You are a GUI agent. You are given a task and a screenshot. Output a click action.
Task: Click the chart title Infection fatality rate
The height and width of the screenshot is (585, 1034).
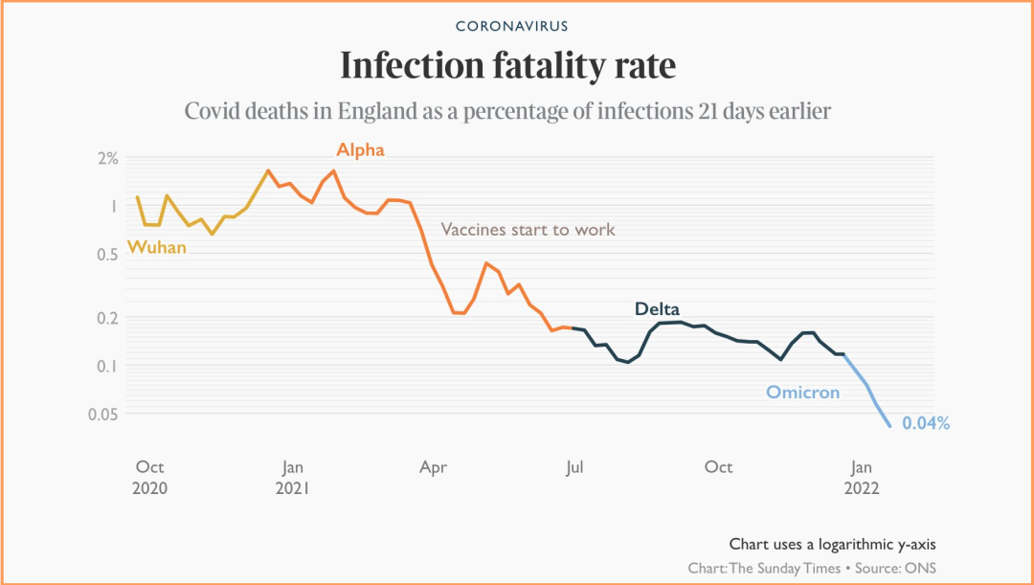(x=508, y=66)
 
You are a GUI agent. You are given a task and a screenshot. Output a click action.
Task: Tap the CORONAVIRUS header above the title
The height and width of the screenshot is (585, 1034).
(x=511, y=26)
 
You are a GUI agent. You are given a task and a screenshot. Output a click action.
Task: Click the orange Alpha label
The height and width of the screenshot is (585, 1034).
(x=360, y=150)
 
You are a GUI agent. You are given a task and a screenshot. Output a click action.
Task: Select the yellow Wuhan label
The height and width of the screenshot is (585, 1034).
(x=157, y=247)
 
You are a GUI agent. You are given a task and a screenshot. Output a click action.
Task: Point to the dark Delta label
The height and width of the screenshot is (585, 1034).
(x=657, y=309)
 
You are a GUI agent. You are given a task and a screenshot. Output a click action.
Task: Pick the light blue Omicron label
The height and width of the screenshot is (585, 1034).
(x=802, y=393)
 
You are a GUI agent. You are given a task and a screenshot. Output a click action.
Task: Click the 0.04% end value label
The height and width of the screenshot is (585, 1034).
(x=926, y=423)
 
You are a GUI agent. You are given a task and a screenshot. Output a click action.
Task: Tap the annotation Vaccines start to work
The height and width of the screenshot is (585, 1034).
(x=528, y=230)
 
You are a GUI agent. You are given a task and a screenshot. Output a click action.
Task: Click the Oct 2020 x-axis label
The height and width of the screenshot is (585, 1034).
(x=150, y=477)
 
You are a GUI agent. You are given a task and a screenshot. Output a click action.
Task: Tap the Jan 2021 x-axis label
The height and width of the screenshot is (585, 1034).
(x=292, y=477)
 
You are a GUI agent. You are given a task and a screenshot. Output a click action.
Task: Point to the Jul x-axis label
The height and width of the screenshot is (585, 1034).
(x=574, y=467)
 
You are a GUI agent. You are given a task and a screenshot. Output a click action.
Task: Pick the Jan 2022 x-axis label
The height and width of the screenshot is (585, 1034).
(x=862, y=477)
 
